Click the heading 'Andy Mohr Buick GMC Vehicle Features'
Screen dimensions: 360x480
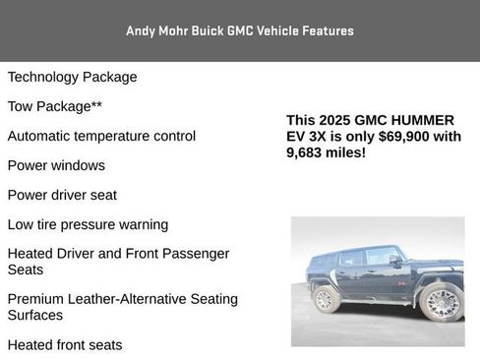pos(239,30)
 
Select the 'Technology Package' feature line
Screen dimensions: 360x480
pos(72,77)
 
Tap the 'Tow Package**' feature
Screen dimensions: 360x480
pos(54,106)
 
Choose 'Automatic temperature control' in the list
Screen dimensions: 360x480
pos(101,136)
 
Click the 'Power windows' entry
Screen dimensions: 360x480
pos(56,165)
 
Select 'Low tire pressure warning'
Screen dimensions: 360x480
pos(88,224)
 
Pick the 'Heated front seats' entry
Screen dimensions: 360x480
pos(65,345)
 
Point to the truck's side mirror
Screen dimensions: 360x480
pos(395,261)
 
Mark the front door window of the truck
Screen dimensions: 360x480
pos(379,258)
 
